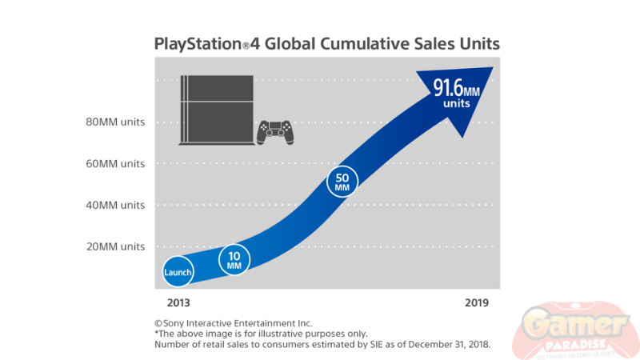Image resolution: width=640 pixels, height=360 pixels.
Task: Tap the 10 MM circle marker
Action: pos(234,259)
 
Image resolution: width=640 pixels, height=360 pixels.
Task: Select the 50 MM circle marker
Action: pos(342,182)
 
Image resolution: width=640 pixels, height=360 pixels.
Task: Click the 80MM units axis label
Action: pos(115,122)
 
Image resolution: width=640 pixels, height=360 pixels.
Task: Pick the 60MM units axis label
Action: pos(115,164)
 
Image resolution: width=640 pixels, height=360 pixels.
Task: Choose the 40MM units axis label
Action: pos(115,205)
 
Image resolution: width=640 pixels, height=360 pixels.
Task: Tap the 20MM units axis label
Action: pos(115,246)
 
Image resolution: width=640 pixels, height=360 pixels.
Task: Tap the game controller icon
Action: pos(274,133)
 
